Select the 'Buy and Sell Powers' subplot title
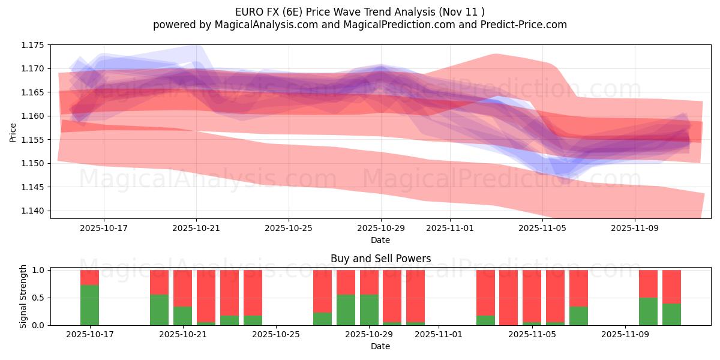point(380,259)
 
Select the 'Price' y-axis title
point(13,131)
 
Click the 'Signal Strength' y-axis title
point(24,296)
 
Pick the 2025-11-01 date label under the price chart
point(450,228)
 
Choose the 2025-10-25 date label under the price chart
point(289,228)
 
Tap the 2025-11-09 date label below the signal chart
point(625,335)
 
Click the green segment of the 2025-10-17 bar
point(89,305)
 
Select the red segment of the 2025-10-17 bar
point(89,277)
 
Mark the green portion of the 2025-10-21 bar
point(182,316)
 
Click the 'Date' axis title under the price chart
point(380,240)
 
